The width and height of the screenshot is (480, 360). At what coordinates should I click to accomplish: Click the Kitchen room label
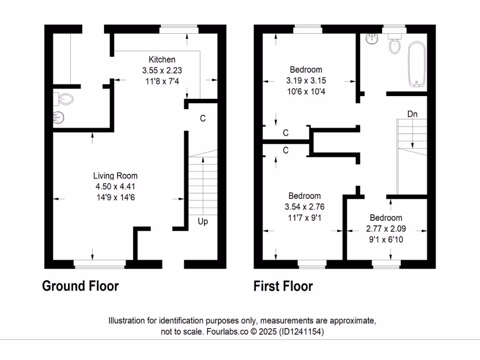[x=162, y=60]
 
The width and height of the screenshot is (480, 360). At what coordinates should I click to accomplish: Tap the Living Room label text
[x=115, y=176]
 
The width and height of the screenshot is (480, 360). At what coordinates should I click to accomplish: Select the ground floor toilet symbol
[x=65, y=99]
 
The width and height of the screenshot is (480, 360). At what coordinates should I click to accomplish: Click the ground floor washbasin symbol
[x=60, y=117]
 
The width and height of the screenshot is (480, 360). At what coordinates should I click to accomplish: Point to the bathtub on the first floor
[x=416, y=64]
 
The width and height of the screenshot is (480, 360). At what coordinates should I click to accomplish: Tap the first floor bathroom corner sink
[x=373, y=38]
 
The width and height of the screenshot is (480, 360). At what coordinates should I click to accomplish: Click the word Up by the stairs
[x=202, y=221]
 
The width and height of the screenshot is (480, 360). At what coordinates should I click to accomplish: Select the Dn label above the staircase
[x=412, y=114]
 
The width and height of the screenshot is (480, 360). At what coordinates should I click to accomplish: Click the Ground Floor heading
[x=80, y=286]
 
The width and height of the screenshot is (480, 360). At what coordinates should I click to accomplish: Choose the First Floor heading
[x=283, y=286]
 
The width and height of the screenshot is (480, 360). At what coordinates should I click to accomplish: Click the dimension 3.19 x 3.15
[x=305, y=81]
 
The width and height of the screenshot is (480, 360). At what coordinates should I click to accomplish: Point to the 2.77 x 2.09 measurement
[x=386, y=229]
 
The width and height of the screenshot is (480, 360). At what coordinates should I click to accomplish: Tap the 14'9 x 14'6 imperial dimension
[x=115, y=197]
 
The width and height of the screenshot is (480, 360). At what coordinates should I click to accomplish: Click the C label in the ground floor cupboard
[x=202, y=119]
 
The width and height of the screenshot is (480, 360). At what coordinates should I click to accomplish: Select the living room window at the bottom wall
[x=99, y=265]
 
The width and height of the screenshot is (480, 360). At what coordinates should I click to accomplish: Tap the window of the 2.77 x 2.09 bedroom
[x=386, y=265]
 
